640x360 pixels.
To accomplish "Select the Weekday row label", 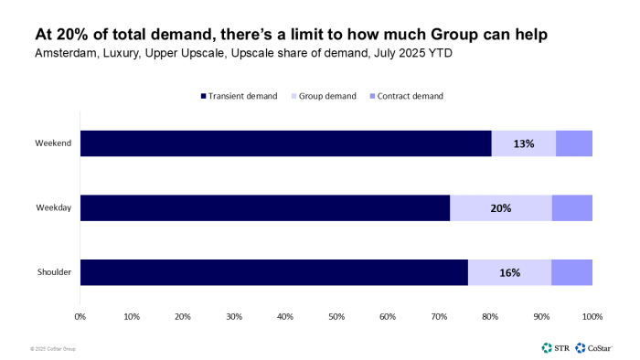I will (x=54, y=208).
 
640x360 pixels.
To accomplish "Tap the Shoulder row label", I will (x=54, y=272).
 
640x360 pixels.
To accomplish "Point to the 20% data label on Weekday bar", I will (x=500, y=208).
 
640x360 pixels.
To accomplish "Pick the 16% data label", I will (x=509, y=272).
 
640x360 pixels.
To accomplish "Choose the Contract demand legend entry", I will (x=411, y=95).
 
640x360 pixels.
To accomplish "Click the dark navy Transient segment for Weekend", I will (x=285, y=143).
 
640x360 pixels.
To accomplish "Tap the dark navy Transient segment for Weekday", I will (x=265, y=208).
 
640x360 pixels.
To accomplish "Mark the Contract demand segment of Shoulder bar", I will (x=571, y=272).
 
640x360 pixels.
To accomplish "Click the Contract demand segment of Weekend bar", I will (x=574, y=143).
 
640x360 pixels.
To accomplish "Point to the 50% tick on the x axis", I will (x=336, y=317).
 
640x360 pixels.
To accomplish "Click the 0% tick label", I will (x=80, y=317).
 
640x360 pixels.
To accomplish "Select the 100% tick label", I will (x=592, y=317).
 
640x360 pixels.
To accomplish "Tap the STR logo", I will (x=554, y=347).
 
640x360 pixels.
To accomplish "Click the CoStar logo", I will (x=595, y=347).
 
